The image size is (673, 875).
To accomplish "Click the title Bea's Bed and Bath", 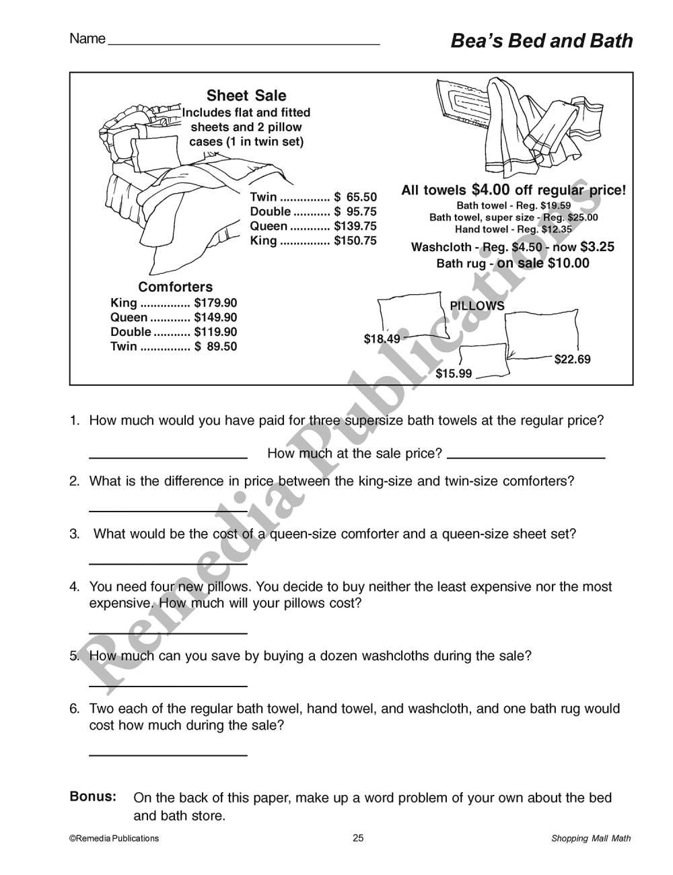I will click(541, 41).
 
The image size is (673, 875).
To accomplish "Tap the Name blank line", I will click(244, 43).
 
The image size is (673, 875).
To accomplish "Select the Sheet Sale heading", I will click(246, 96).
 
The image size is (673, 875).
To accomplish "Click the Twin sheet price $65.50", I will click(355, 197).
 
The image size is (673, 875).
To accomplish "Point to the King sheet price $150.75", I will click(355, 241).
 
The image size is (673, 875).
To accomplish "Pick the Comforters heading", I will click(175, 287).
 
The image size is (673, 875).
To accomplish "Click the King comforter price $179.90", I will click(215, 304).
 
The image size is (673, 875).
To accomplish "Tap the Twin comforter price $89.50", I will click(215, 347).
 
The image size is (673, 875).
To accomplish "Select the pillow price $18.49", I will click(382, 339).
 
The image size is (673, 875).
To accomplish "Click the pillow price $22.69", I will click(572, 359).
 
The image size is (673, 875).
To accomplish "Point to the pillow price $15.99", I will click(454, 374).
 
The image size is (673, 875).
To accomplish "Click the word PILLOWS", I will click(476, 306).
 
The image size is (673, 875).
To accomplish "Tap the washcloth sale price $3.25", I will click(597, 247).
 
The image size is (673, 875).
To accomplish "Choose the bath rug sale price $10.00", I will click(569, 263).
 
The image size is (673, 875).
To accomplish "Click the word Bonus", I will click(93, 797).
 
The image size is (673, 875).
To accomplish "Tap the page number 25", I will click(358, 838).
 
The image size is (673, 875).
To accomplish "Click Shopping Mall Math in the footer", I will click(591, 839).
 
